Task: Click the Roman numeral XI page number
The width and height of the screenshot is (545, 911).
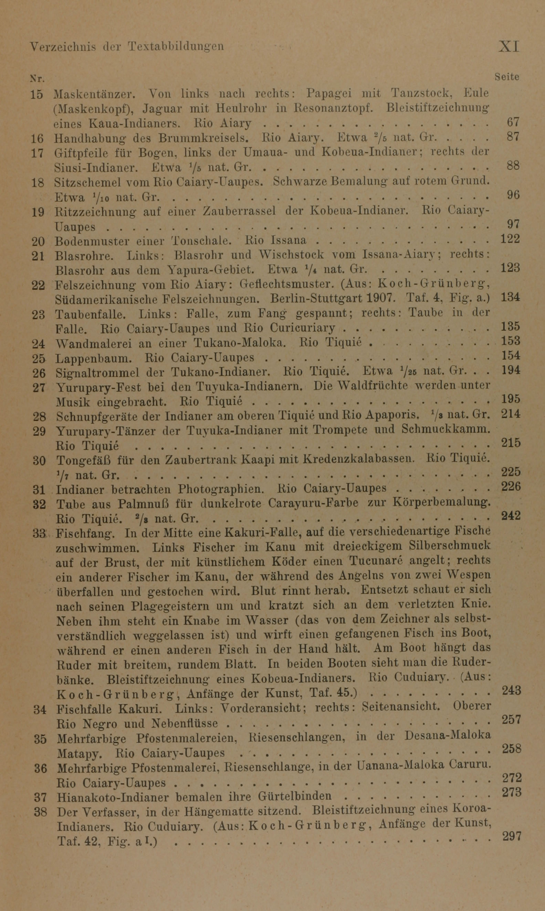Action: [509, 47]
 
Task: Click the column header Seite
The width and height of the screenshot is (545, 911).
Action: [507, 77]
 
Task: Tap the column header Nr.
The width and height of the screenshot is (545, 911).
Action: [37, 78]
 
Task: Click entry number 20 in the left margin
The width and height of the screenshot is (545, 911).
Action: [38, 242]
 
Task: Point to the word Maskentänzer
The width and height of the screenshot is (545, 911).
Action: [95, 94]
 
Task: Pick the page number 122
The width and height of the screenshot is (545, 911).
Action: [511, 239]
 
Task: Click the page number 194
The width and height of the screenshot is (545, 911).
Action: [511, 371]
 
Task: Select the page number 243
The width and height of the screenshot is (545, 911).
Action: [511, 691]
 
